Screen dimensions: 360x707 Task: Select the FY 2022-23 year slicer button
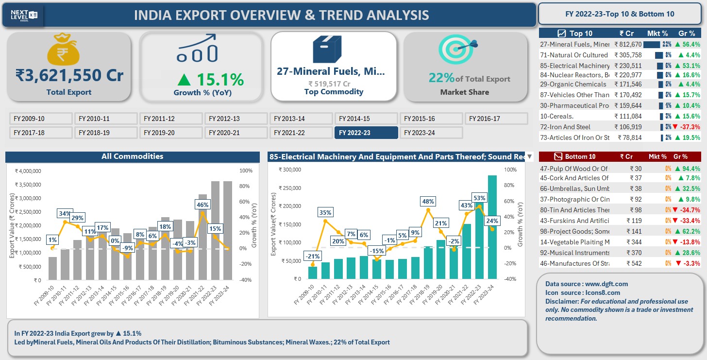366,133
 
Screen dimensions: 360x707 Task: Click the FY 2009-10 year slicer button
41,119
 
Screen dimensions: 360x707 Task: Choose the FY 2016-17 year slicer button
496,119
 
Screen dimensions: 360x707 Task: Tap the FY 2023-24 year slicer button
431,133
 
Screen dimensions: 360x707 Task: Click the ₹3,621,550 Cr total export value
69,76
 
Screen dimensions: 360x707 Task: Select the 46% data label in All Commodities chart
202,205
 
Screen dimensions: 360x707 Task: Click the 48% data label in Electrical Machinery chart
428,202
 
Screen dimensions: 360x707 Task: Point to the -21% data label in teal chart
312,256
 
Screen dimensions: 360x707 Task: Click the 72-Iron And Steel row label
565,127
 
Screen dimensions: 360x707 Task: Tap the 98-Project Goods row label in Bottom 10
574,231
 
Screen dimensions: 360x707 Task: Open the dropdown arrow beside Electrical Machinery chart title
530,157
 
